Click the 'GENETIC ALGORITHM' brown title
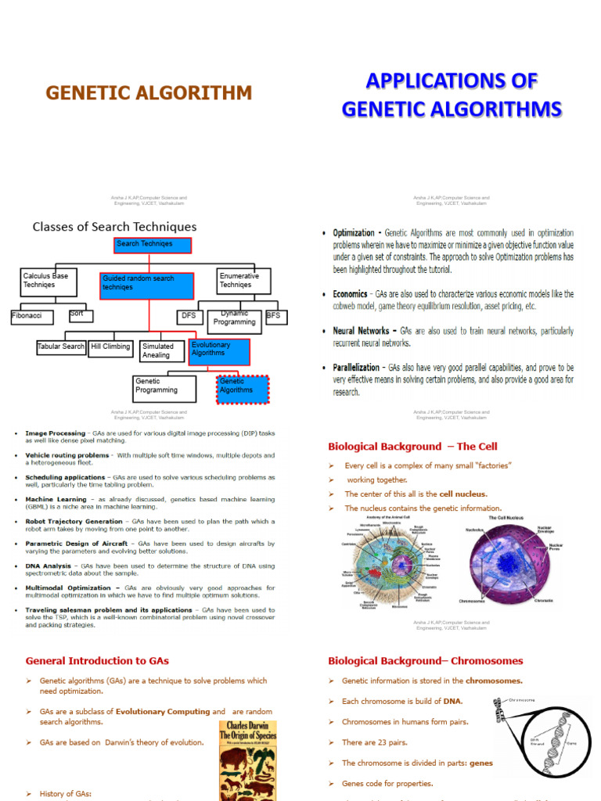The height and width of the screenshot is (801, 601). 149,94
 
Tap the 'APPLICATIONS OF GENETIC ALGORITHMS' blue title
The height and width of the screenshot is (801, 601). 452,95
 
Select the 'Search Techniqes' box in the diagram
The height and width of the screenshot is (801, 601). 153,246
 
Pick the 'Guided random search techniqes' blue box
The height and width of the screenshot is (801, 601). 147,286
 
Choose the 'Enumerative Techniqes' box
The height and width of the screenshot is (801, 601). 243,281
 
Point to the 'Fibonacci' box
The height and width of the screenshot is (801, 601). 32,317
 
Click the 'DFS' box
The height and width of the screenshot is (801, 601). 189,317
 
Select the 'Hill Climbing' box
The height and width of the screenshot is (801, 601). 110,347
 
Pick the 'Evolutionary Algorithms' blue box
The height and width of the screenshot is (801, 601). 218,351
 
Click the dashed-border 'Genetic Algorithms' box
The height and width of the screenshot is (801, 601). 242,389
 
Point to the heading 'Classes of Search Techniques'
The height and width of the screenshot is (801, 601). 114,227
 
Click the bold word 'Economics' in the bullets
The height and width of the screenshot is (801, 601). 351,294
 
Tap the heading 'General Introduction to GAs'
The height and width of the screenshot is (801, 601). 97,661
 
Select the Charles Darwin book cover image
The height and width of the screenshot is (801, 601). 247,759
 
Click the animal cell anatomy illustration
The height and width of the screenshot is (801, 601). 391,562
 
